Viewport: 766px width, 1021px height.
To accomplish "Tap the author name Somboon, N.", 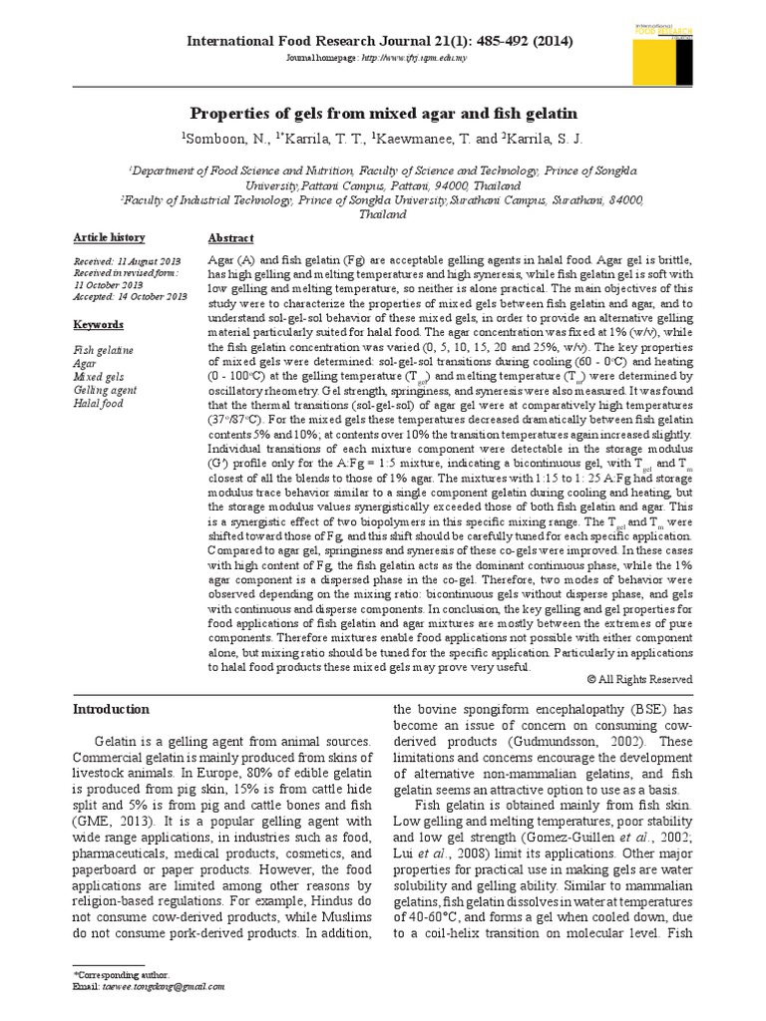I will coord(223,138).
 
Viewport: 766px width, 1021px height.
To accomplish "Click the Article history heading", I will coord(109,237).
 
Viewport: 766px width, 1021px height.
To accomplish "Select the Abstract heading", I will coord(229,238).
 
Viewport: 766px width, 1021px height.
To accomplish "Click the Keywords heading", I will coord(99,325).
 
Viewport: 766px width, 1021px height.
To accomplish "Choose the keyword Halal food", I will coord(99,403).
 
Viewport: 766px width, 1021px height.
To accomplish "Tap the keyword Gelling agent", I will coord(105,390).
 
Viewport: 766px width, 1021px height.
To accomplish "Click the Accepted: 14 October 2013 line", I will coord(130,296).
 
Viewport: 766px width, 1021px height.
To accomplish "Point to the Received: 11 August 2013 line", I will coord(126,260).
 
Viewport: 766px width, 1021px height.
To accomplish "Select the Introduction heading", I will coord(112,709).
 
